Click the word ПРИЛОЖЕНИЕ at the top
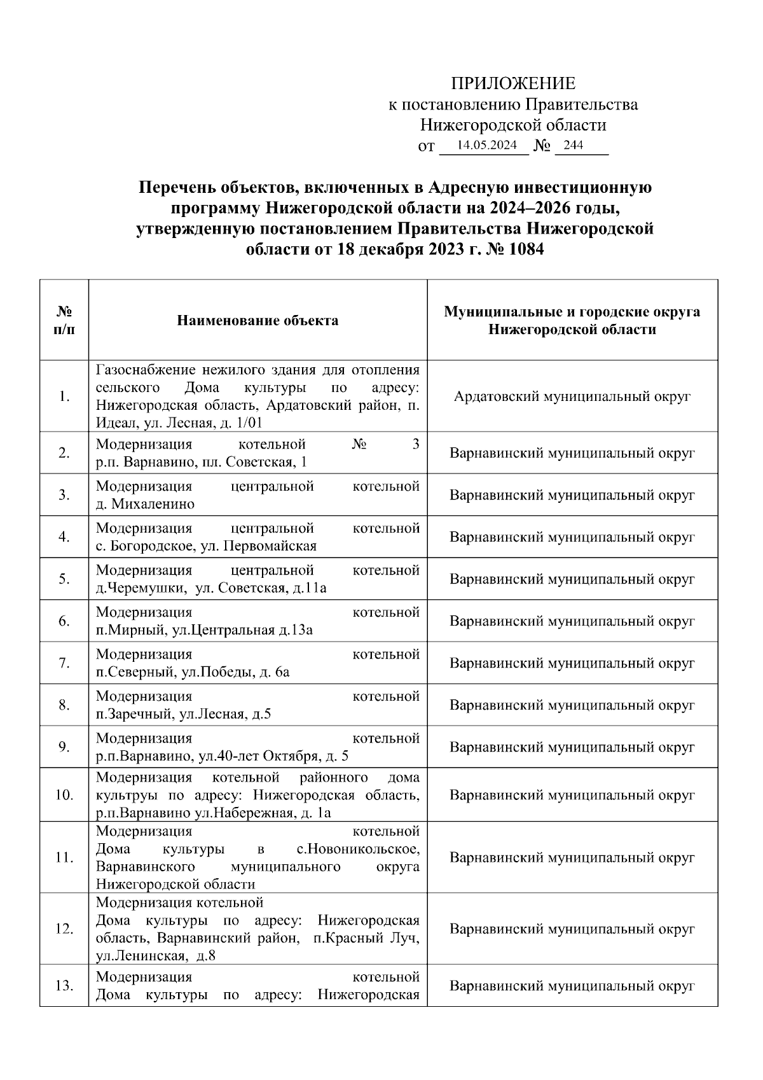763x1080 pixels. pos(512,83)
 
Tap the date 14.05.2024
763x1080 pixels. pos(486,145)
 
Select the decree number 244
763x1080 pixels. pos(573,145)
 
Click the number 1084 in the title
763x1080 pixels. pos(524,249)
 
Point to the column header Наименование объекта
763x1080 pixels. pos(258,320)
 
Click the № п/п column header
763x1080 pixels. pos(64,320)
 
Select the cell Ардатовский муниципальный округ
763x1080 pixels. pos(572,396)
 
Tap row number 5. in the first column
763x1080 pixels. pos(64,579)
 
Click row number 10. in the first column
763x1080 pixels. pos(64,795)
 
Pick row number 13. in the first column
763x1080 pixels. pos(64,986)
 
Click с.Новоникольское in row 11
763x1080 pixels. pos(358,849)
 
